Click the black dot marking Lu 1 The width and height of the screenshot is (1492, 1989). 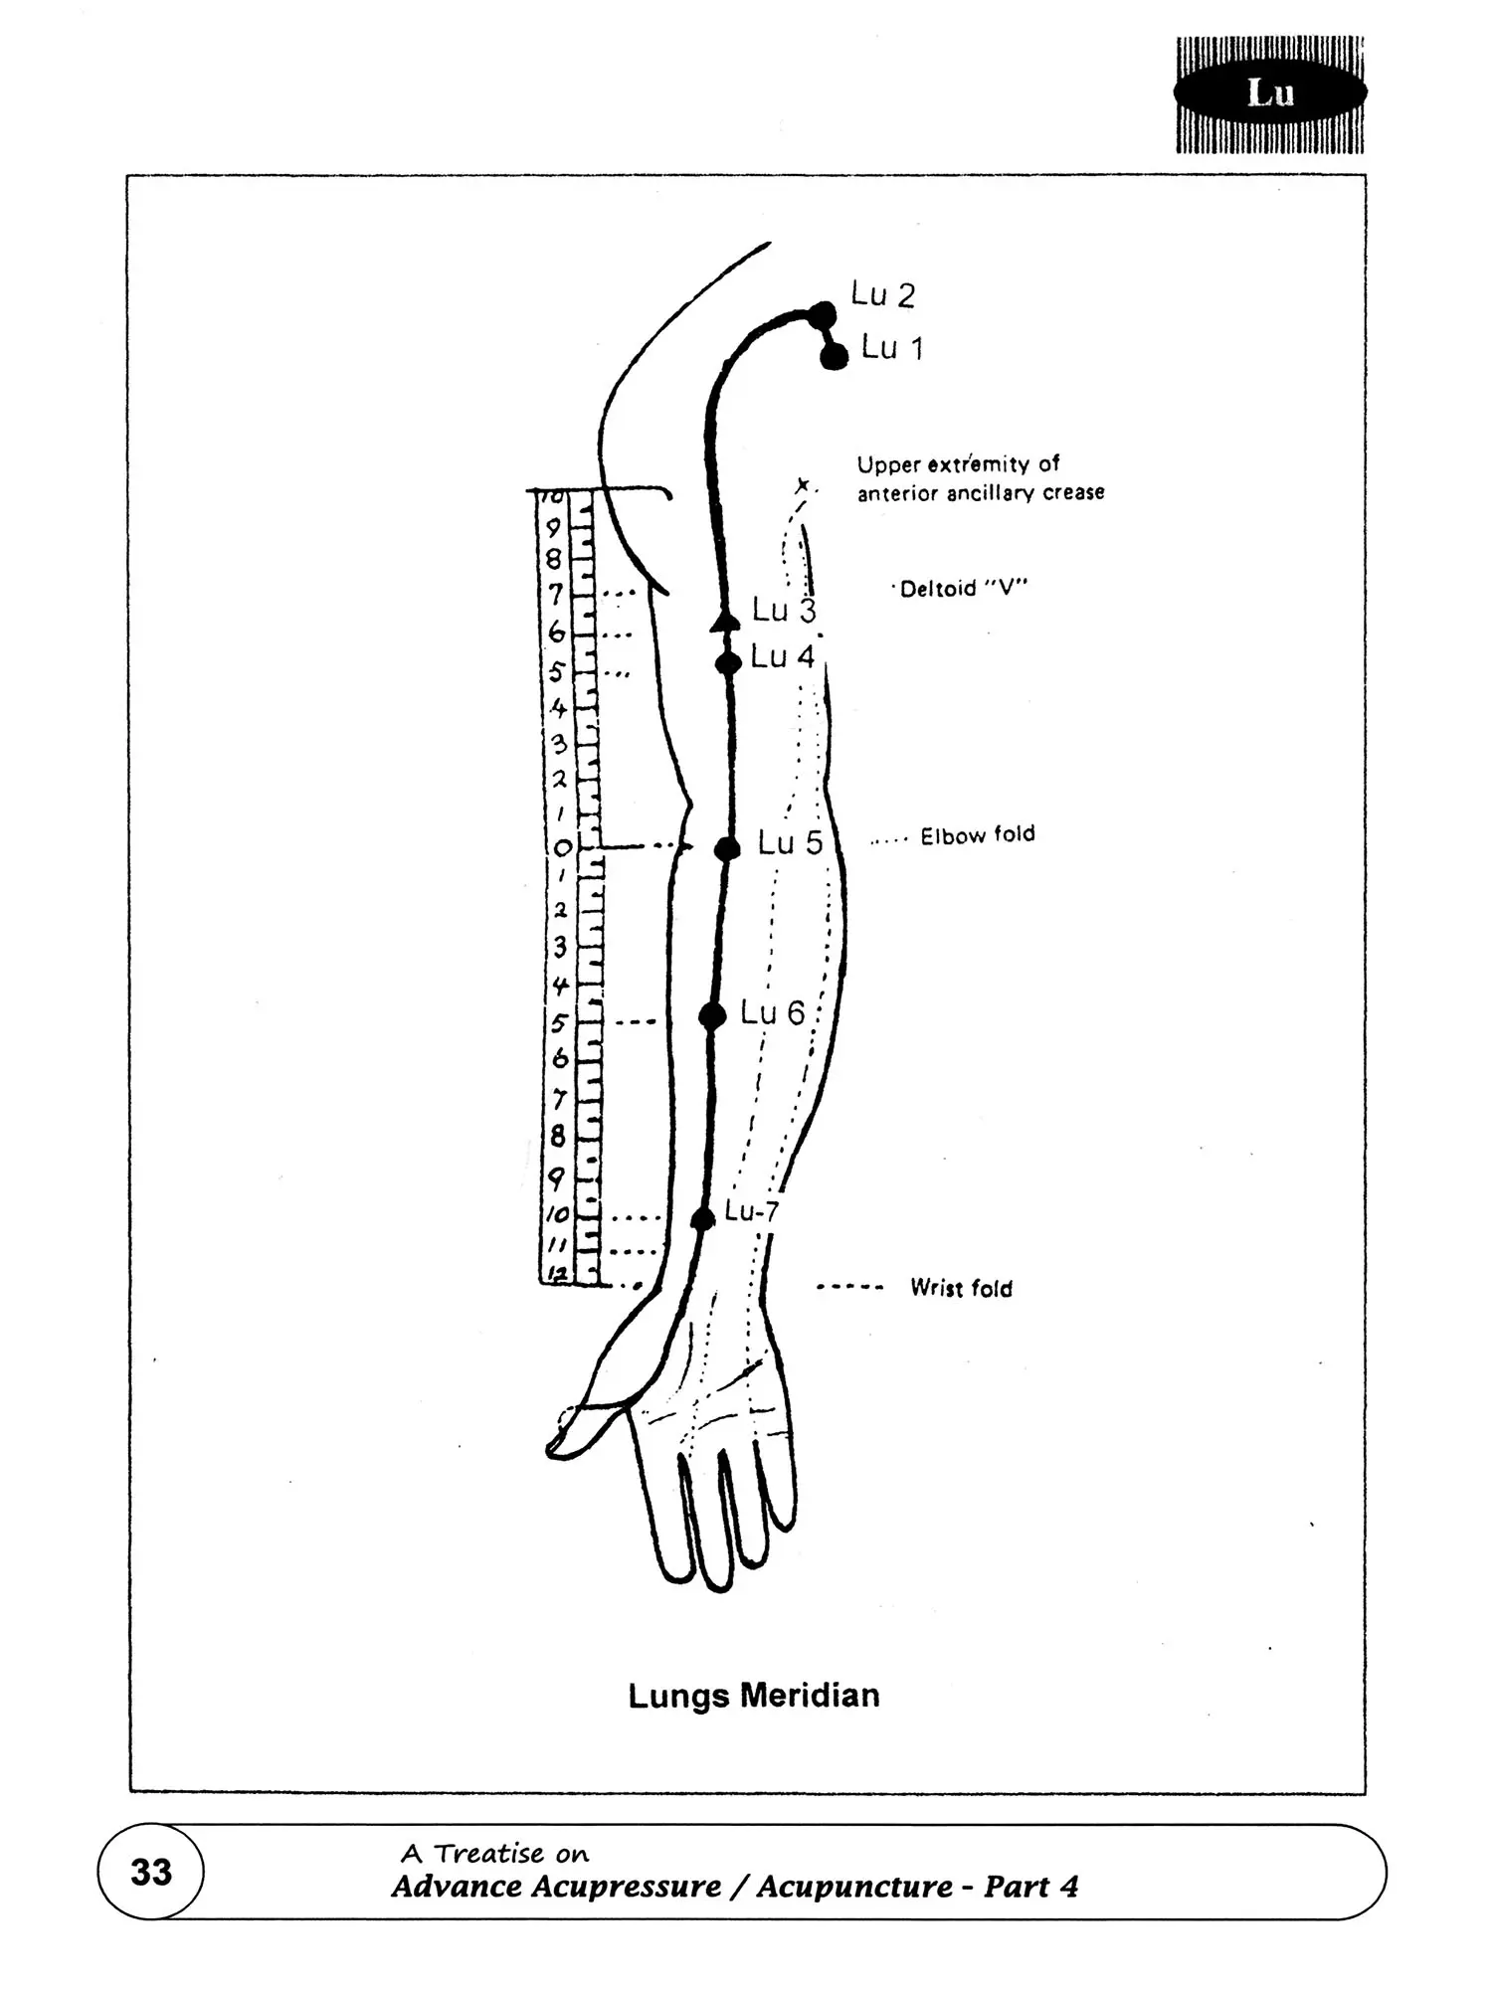pos(834,355)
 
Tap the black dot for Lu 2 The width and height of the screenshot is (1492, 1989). pos(823,314)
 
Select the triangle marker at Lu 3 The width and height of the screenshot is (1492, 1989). pos(725,622)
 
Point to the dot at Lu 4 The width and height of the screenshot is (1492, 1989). pos(728,662)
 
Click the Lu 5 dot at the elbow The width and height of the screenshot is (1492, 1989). pos(727,848)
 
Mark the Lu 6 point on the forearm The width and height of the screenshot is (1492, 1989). pos(712,1015)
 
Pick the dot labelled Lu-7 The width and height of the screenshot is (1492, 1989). pos(702,1219)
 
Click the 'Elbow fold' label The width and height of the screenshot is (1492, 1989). pos(977,835)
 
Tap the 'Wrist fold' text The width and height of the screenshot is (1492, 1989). pos(961,1288)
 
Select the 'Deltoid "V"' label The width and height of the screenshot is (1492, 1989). pos(963,589)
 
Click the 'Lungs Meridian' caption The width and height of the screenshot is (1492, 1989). pos(754,1695)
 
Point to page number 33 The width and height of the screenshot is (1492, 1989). pos(151,1872)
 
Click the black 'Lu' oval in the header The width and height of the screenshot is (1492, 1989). pos(1270,92)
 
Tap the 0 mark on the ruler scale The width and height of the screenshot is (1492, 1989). pos(562,848)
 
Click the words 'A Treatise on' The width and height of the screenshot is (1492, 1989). pos(494,1853)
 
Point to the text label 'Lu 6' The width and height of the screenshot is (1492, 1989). pos(773,1012)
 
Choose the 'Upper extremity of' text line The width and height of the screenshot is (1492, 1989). pos(958,463)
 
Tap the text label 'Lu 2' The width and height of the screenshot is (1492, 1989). pos(883,294)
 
